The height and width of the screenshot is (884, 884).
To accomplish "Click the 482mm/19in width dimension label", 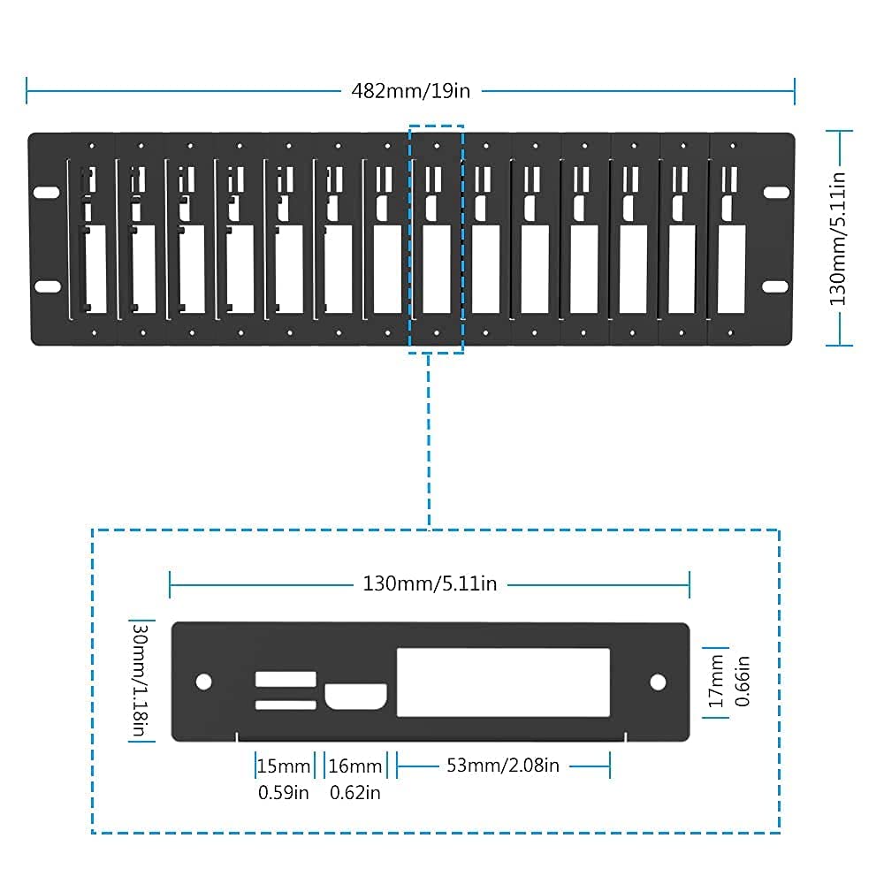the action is [x=410, y=91].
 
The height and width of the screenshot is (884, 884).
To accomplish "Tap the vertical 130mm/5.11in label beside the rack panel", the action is [x=838, y=239].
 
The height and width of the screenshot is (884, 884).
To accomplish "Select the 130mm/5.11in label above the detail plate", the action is [x=430, y=583].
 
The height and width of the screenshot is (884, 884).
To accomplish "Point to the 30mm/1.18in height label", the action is [x=140, y=680].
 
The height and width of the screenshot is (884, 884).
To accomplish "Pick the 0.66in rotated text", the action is [x=742, y=681].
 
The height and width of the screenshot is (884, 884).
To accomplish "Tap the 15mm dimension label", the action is [x=284, y=766].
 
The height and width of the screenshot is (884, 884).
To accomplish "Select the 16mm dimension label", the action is [x=355, y=766].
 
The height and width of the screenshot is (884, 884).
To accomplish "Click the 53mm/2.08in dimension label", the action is [x=503, y=765].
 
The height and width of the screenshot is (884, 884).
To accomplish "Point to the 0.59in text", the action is [x=283, y=793].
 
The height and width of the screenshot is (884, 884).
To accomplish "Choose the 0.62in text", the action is [x=354, y=793].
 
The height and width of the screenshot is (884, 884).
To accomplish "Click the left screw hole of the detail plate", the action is [x=203, y=682].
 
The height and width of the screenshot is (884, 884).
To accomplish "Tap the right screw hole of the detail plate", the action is [x=658, y=682].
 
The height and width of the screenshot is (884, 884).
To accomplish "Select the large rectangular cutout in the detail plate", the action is [x=504, y=682].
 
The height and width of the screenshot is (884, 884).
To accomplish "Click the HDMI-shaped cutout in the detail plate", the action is [x=355, y=697].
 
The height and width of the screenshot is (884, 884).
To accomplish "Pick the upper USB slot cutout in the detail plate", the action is [x=286, y=679].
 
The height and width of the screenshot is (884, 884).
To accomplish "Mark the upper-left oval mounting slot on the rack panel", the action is [x=47, y=192].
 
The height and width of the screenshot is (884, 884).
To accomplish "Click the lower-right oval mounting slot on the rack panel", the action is [x=775, y=287].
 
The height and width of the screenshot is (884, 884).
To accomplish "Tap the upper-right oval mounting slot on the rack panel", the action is [x=776, y=192].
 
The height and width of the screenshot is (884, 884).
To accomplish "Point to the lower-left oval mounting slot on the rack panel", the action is [x=48, y=286].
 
